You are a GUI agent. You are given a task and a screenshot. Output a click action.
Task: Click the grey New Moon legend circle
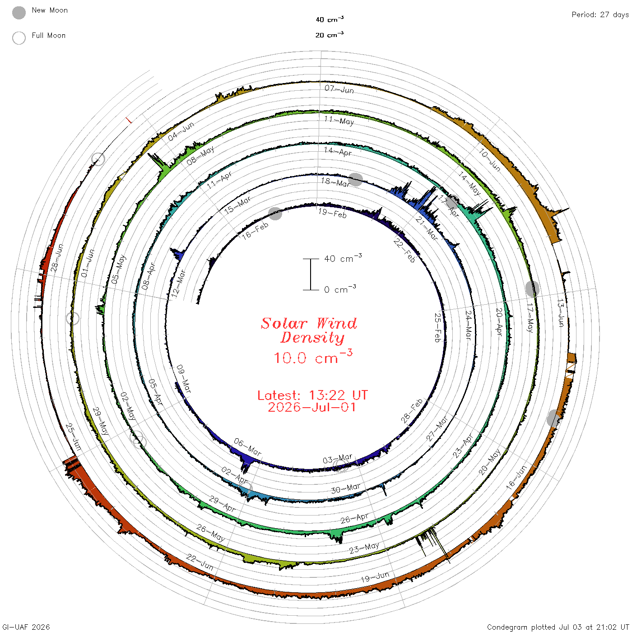click(19, 13)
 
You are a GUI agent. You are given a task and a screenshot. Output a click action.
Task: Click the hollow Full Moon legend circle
click(19, 38)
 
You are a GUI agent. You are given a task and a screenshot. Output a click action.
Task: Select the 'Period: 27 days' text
click(600, 15)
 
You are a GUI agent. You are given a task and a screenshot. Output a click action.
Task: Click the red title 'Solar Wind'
click(309, 323)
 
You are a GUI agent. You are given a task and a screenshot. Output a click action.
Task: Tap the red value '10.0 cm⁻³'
click(313, 357)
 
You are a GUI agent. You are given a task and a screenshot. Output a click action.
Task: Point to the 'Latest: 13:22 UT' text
click(312, 395)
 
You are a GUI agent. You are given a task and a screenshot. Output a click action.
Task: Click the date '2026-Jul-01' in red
click(311, 407)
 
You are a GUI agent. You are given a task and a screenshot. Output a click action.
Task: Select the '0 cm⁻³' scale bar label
click(340, 289)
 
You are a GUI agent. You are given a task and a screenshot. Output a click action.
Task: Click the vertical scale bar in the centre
click(311, 274)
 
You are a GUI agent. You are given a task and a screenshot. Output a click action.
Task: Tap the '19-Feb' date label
click(332, 213)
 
